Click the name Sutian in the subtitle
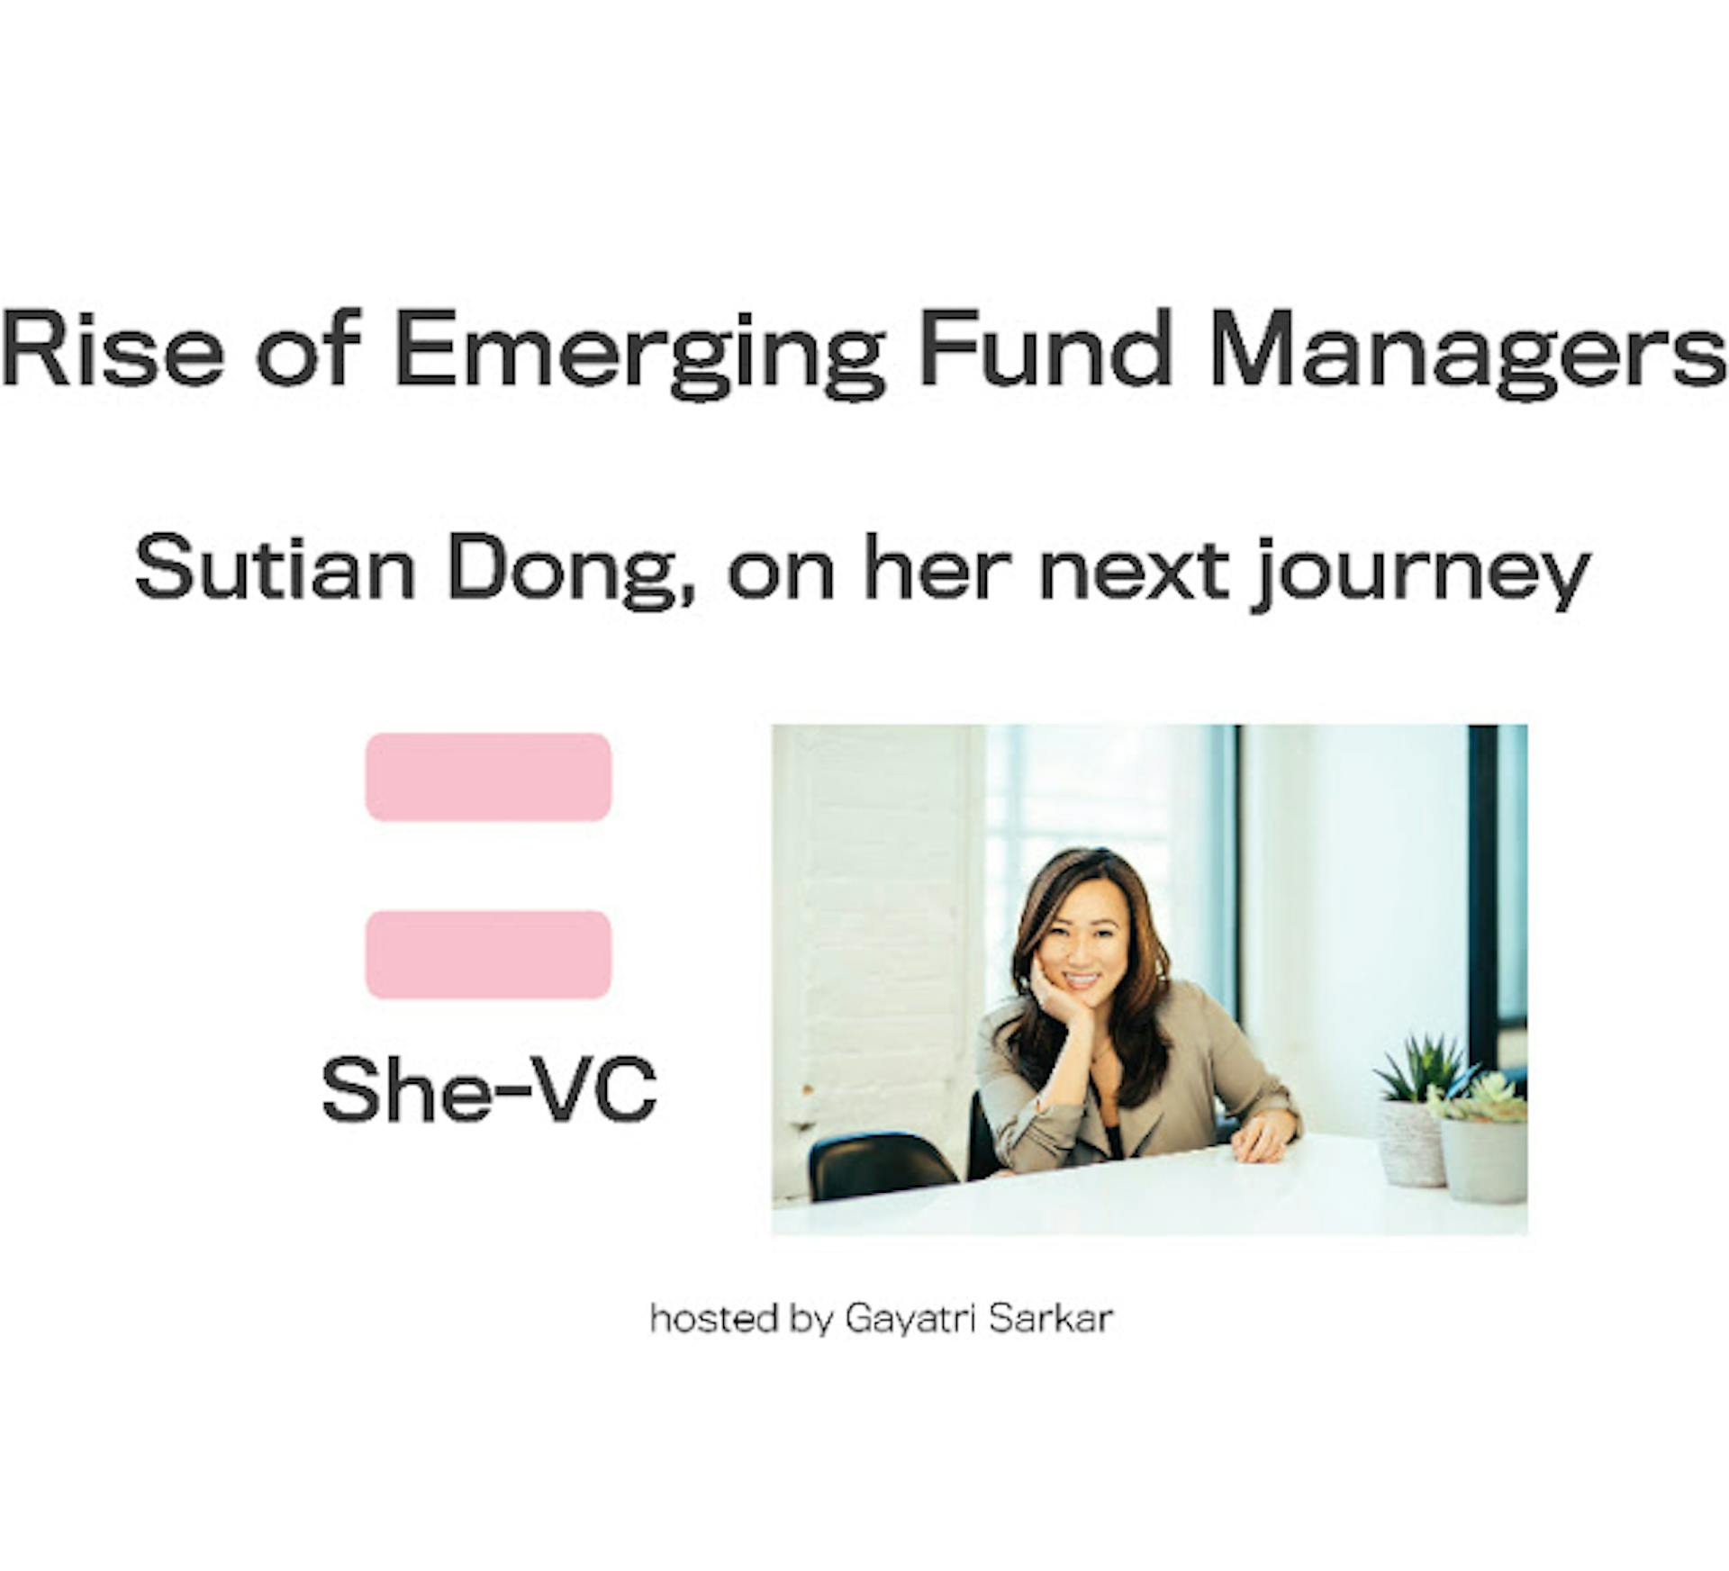pyautogui.click(x=275, y=570)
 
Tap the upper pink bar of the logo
pyautogui.click(x=488, y=777)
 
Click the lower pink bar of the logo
pyautogui.click(x=488, y=954)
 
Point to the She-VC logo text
pyautogui.click(x=489, y=1090)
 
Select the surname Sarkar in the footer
pyautogui.click(x=1051, y=1319)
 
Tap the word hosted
pyautogui.click(x=713, y=1319)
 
